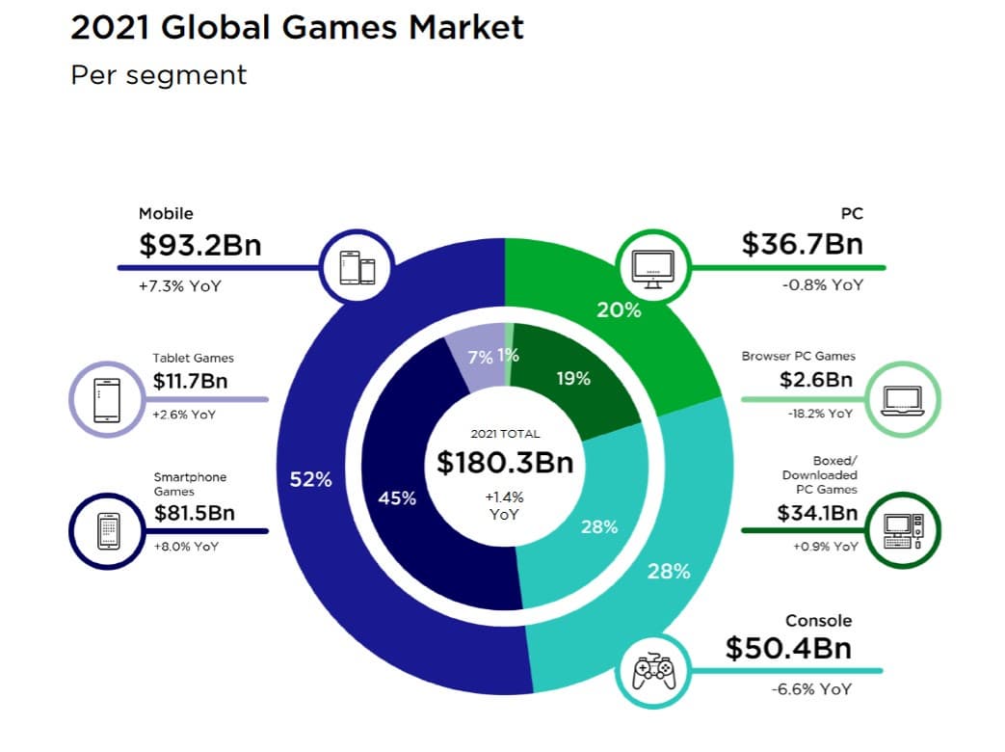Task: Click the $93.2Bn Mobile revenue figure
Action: pyautogui.click(x=199, y=245)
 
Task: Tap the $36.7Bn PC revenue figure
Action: pyautogui.click(x=802, y=244)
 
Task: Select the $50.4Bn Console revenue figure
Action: pyautogui.click(x=788, y=648)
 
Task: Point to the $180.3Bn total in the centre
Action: pyautogui.click(x=505, y=463)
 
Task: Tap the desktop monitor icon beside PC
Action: pyautogui.click(x=652, y=265)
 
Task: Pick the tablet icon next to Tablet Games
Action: pyautogui.click(x=107, y=398)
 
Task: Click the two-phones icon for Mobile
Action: pyautogui.click(x=357, y=265)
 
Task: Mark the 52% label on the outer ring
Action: pyautogui.click(x=310, y=480)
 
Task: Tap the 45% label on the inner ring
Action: pyautogui.click(x=396, y=498)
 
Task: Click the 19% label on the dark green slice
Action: pyautogui.click(x=573, y=379)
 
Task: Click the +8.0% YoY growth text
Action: pyautogui.click(x=186, y=547)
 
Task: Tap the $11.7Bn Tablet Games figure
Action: pyautogui.click(x=190, y=382)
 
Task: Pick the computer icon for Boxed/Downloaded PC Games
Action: pyautogui.click(x=902, y=530)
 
